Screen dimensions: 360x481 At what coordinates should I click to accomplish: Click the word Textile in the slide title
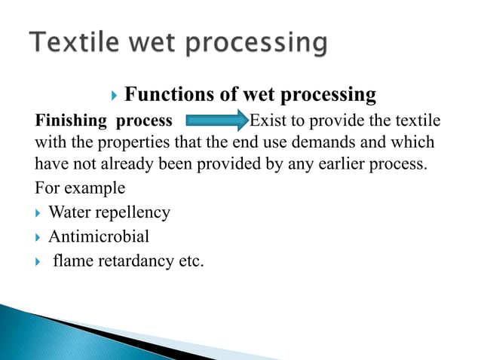(x=69, y=43)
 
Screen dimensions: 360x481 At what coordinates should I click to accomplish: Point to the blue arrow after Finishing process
(x=217, y=121)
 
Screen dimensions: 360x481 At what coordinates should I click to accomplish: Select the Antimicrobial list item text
(x=99, y=236)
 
